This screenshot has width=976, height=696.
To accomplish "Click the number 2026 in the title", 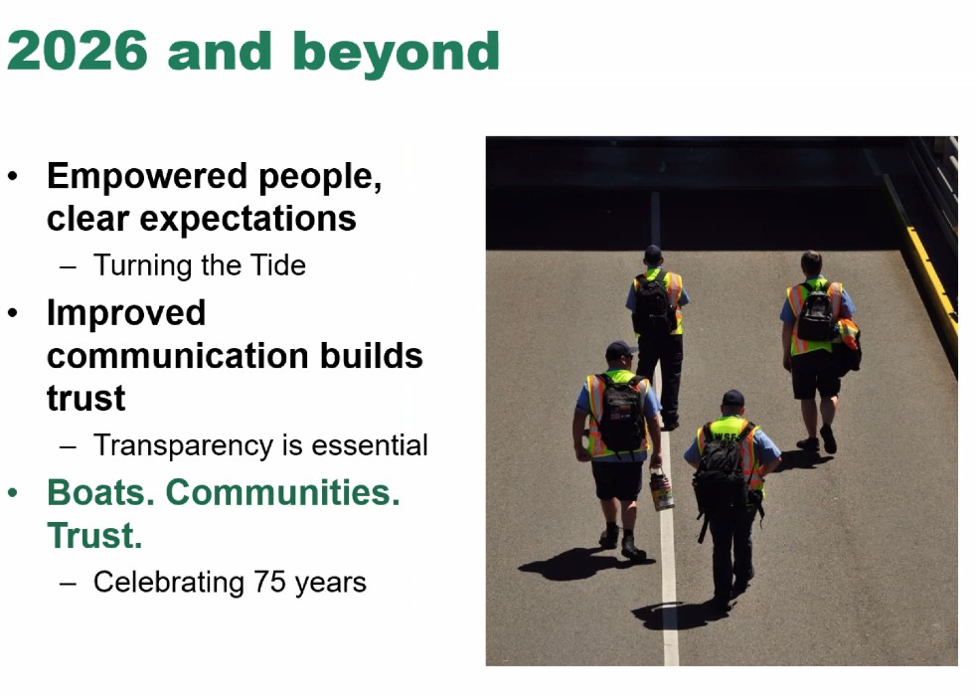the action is click(x=78, y=51).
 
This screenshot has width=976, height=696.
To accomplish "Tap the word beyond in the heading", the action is click(x=396, y=55).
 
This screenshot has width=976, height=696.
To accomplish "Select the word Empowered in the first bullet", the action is click(x=147, y=176).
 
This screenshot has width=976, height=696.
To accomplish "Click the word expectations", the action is click(x=247, y=219).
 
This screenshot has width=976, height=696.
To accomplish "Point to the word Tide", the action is click(x=277, y=265).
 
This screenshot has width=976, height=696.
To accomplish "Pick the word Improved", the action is click(x=126, y=313).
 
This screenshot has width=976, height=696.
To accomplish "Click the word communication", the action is click(x=178, y=356).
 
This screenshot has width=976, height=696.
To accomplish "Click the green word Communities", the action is click(x=282, y=493).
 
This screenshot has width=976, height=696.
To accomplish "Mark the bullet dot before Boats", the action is click(x=13, y=493).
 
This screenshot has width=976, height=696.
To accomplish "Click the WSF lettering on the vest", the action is click(x=726, y=436).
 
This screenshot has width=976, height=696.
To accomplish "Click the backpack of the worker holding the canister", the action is click(x=619, y=412).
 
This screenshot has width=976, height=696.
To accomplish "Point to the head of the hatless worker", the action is click(x=811, y=263).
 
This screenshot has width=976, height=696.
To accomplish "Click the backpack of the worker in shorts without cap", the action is click(x=816, y=312).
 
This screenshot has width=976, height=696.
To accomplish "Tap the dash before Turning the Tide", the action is click(x=68, y=267).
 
